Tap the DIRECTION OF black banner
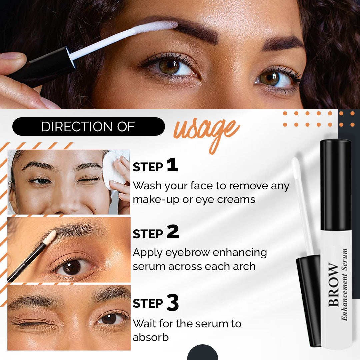pyautogui.click(x=88, y=127)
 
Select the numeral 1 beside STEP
pyautogui.click(x=172, y=166)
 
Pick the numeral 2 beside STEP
pyautogui.click(x=173, y=232)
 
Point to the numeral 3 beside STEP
pyautogui.click(x=173, y=302)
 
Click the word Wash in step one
pyautogui.click(x=148, y=185)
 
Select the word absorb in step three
pyautogui.click(x=151, y=337)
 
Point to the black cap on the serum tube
pyautogui.click(x=335, y=185)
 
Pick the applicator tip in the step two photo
pyautogui.click(x=50, y=237)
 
